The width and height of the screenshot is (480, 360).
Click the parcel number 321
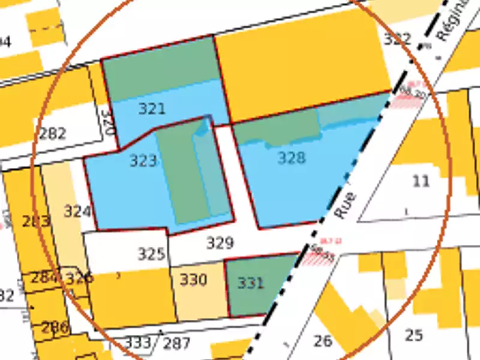[152, 109]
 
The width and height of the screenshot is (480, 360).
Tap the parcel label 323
[143, 160]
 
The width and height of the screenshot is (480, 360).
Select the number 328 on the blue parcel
[292, 158]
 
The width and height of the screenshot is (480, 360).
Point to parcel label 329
[220, 243]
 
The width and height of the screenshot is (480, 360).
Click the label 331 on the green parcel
[250, 283]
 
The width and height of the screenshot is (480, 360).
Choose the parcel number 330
[193, 280]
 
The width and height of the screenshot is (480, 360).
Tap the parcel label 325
[151, 254]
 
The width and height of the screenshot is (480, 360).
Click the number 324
[77, 211]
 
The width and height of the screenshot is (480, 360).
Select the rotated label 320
[106, 121]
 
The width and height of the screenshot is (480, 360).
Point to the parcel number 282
[53, 133]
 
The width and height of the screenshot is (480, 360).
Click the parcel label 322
[397, 40]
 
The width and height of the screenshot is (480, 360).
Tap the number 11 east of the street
[422, 181]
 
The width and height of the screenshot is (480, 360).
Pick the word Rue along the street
[344, 205]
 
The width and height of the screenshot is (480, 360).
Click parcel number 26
[323, 341]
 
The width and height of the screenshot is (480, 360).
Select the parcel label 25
[413, 335]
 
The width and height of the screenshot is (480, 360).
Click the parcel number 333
[139, 343]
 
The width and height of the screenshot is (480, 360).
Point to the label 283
[36, 221]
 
